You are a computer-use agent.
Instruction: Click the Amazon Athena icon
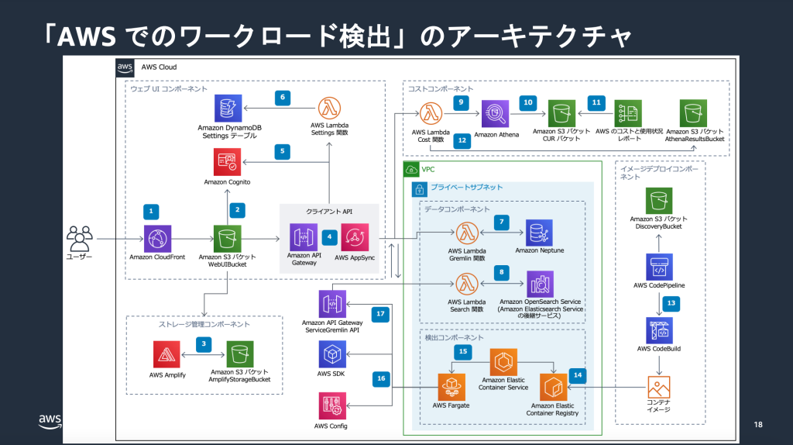point(496,114)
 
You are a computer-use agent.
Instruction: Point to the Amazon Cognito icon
point(228,162)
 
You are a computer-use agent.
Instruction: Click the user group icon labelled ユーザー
point(79,238)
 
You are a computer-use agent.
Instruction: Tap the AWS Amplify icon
point(167,356)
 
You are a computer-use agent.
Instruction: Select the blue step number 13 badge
point(671,302)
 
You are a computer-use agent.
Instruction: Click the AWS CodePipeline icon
point(660,267)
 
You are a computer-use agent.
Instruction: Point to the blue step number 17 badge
point(380,314)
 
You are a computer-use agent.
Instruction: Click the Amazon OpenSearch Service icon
point(539,284)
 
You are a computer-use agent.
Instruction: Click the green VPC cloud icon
point(412,169)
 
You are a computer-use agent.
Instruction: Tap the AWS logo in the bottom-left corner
point(49,421)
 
